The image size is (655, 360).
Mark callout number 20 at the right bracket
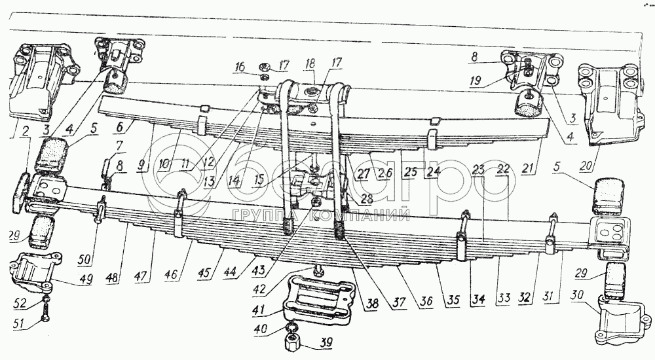point(591,165)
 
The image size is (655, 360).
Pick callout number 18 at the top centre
point(310,63)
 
